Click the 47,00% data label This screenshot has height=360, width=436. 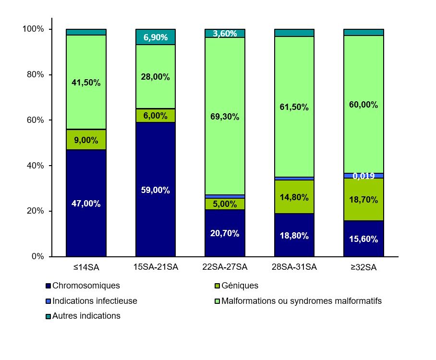[x=86, y=204]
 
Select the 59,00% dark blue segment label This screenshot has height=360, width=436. [x=156, y=190]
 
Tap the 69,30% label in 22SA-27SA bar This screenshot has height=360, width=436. [x=225, y=117]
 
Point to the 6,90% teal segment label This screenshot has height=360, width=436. [x=156, y=37]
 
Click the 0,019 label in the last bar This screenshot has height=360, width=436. [x=363, y=176]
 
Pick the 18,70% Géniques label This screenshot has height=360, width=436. [x=363, y=200]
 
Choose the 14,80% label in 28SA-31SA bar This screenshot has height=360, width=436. [x=294, y=197]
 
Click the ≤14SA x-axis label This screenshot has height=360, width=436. [x=86, y=267]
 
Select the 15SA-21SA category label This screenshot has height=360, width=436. [x=156, y=267]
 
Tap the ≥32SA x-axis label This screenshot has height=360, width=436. [x=363, y=267]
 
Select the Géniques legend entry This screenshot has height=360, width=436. [x=240, y=286]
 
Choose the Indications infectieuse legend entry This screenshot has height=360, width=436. [x=95, y=301]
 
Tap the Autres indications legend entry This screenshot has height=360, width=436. [x=86, y=316]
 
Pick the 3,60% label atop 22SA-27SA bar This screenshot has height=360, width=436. [x=225, y=34]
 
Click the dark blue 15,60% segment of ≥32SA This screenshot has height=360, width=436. [x=363, y=239]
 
